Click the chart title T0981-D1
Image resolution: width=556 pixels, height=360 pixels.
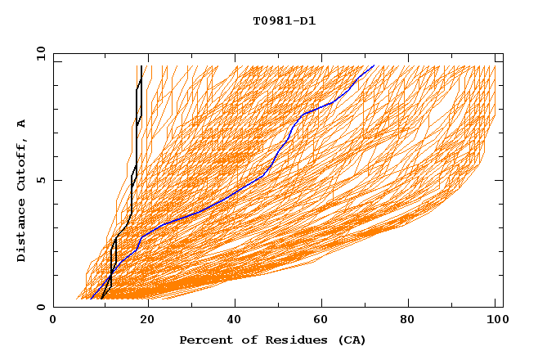285,21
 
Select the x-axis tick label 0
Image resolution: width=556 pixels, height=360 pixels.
53,322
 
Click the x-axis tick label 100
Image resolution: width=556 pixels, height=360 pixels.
495,322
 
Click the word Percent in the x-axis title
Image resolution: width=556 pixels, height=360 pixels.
204,340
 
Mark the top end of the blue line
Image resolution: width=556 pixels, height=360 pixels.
374,65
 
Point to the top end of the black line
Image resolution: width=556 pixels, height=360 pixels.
141,66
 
